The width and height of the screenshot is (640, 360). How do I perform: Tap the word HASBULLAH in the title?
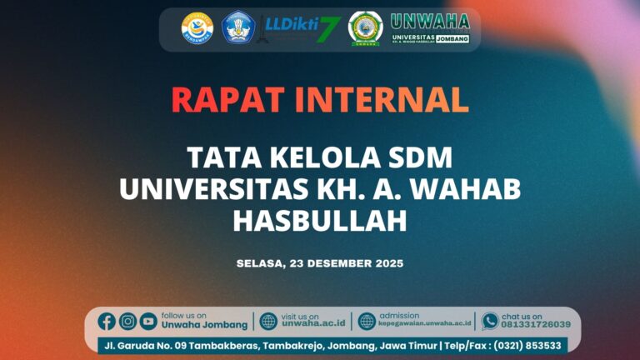coord(320,220)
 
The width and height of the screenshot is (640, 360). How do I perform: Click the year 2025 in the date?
coord(386,263)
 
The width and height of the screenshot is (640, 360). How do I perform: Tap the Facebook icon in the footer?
coord(107,321)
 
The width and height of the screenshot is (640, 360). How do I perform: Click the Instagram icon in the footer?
coord(127,321)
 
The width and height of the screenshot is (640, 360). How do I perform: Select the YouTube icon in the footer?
coord(148,321)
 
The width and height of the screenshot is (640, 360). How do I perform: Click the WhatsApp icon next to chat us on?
coord(490,321)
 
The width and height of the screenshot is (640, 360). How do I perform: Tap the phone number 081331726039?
coord(536,325)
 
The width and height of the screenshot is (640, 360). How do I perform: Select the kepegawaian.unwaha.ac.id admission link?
coord(425,325)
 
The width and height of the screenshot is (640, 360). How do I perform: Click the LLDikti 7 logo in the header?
coord(302,28)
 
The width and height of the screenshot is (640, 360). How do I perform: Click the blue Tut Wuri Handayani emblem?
coord(238,28)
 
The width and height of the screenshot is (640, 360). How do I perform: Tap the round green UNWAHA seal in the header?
coord(365,28)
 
